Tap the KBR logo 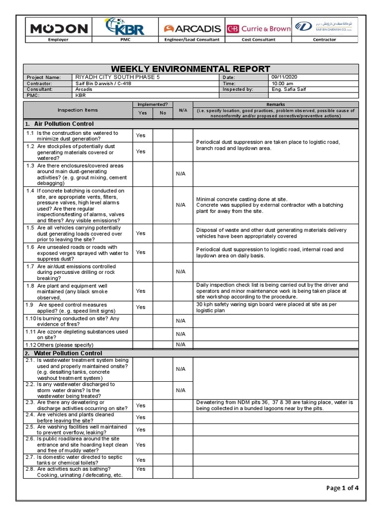tap(125, 27)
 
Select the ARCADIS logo tap(191, 28)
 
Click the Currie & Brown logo tap(259, 28)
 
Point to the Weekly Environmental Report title tap(191, 69)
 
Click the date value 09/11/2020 tap(284, 77)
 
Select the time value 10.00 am tap(282, 84)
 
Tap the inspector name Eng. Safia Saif tap(288, 89)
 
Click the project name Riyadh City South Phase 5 tap(117, 78)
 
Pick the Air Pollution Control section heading tap(64, 124)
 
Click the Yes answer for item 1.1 tap(141, 135)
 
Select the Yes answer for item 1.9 tap(141, 307)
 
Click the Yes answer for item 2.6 tap(141, 445)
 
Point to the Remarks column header tap(276, 105)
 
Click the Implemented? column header tap(152, 105)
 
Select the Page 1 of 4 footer tap(342, 488)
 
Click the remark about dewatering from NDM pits tap(275, 405)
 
